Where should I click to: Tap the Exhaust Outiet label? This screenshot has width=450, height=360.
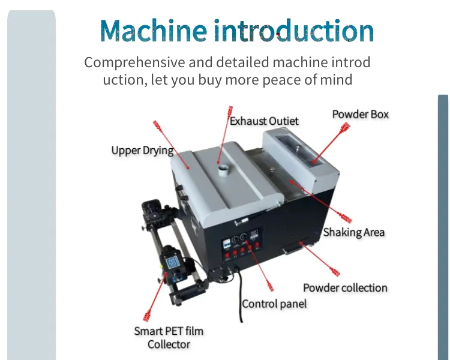pyautogui.click(x=264, y=121)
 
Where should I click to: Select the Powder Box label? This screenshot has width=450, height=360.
pyautogui.click(x=361, y=114)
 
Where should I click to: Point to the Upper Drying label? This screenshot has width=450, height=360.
pyautogui.click(x=142, y=150)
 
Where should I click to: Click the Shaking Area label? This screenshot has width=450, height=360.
pyautogui.click(x=354, y=232)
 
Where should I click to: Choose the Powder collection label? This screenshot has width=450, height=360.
pyautogui.click(x=345, y=288)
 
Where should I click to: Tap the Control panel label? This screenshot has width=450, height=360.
pyautogui.click(x=274, y=304)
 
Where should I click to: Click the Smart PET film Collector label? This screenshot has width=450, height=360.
pyautogui.click(x=169, y=337)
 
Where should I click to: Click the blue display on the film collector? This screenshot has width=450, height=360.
pyautogui.click(x=173, y=262)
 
